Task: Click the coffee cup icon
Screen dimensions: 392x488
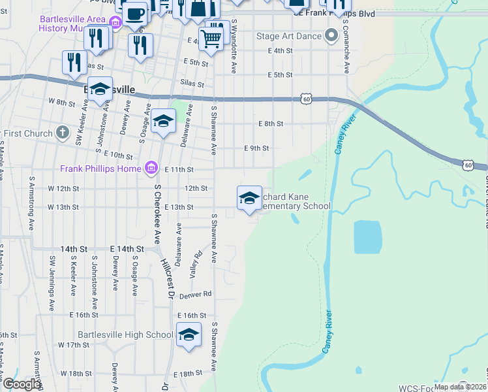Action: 135,14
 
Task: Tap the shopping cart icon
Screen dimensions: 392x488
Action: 211,38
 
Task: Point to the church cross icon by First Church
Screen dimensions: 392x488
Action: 62,133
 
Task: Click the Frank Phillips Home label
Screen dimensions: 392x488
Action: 100,169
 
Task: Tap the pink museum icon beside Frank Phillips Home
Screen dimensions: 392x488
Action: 151,169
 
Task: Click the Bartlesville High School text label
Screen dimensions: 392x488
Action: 125,335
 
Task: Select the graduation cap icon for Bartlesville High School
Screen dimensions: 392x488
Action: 189,335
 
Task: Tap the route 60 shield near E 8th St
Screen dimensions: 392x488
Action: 307,99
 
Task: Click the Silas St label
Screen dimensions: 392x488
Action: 192,84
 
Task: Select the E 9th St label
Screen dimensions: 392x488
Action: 256,148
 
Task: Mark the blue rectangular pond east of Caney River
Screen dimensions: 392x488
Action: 367,237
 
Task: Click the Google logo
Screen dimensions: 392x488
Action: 22,385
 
